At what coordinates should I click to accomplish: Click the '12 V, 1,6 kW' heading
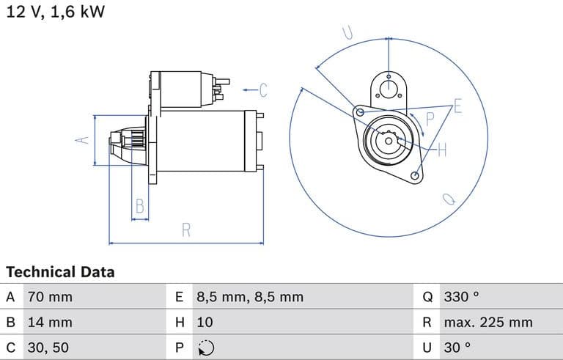pyautogui.click(x=55, y=13)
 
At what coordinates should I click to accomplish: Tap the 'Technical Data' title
pyautogui.click(x=60, y=272)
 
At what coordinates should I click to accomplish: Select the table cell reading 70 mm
pyautogui.click(x=50, y=297)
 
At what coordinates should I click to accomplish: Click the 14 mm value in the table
pyautogui.click(x=50, y=322)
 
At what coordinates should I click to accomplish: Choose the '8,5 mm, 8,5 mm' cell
pyautogui.click(x=249, y=297)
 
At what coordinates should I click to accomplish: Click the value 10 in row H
pyautogui.click(x=205, y=322)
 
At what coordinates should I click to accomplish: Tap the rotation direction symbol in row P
pyautogui.click(x=207, y=347)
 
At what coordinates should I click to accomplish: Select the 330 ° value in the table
pyautogui.click(x=462, y=297)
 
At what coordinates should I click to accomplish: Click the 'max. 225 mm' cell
pyautogui.click(x=488, y=322)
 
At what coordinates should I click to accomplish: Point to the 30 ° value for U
pyautogui.click(x=458, y=347)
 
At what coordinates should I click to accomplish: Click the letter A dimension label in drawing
pyautogui.click(x=83, y=140)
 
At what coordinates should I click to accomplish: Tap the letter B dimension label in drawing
pyautogui.click(x=139, y=207)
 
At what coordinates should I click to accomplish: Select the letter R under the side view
pyautogui.click(x=185, y=229)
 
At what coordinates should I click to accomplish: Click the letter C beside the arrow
pyautogui.click(x=263, y=90)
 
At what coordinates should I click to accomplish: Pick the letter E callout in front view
pyautogui.click(x=457, y=106)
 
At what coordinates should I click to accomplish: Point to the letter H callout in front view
pyautogui.click(x=442, y=150)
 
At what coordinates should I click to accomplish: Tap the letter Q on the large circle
pyautogui.click(x=449, y=199)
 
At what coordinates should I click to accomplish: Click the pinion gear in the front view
pyautogui.click(x=388, y=140)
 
